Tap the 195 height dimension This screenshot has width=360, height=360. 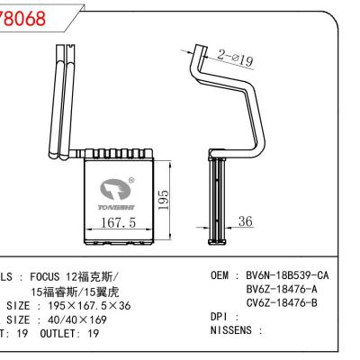tap(163, 197)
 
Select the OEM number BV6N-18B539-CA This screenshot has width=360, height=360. tap(287, 274)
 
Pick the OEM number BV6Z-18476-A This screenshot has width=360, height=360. tap(282, 290)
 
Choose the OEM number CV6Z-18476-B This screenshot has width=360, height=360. tap(282, 304)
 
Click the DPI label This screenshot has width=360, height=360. tap(220, 319)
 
